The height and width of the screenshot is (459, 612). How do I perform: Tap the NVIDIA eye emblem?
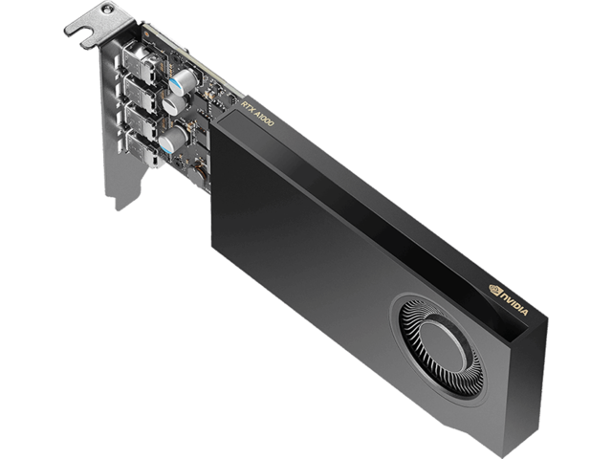pyautogui.click(x=494, y=289)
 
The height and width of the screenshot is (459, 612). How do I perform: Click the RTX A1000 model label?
pyautogui.click(x=258, y=114)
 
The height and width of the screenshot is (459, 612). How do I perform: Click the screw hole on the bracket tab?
pyautogui.click(x=105, y=9)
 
